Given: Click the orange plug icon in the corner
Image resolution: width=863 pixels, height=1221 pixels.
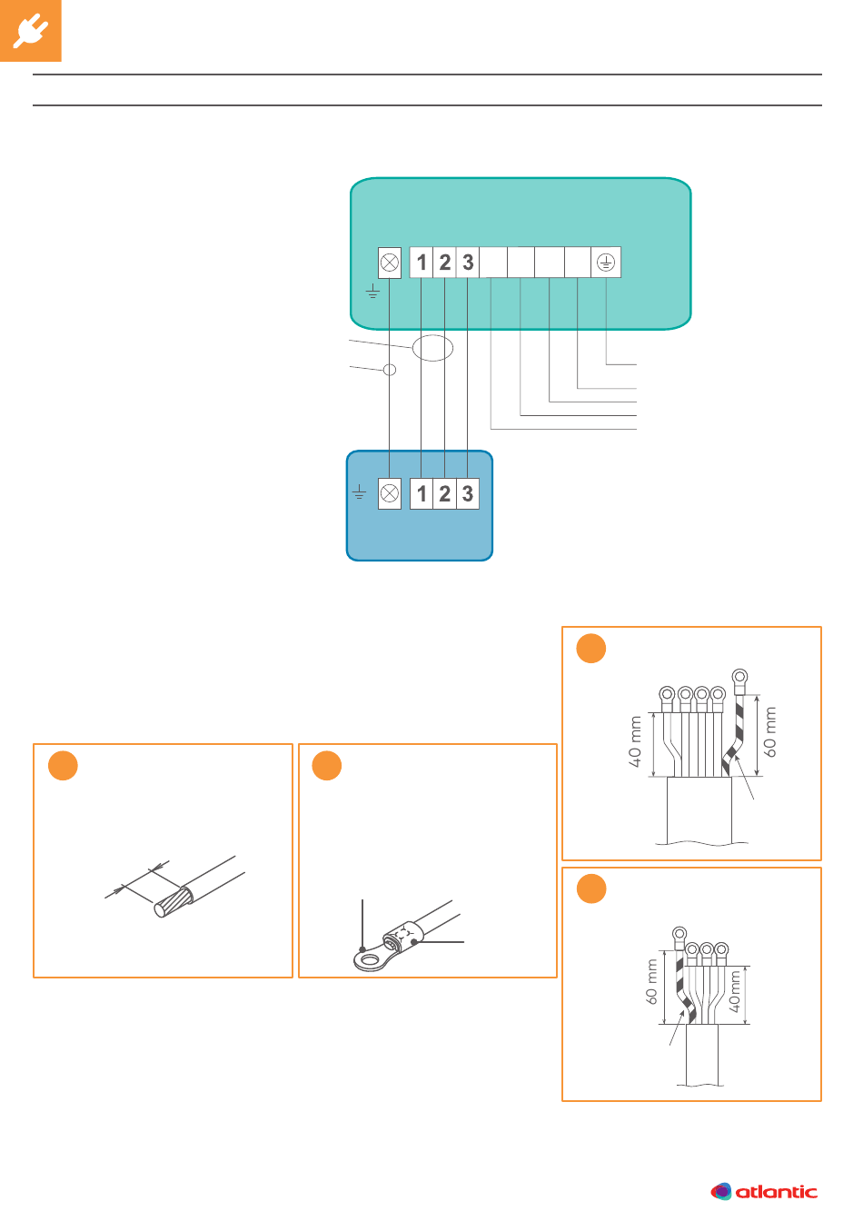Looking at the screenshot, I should coord(31,31).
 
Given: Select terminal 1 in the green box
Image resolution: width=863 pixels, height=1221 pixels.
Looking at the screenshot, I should coord(422,263).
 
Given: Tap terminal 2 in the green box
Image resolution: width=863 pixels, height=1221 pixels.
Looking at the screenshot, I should coord(444,263).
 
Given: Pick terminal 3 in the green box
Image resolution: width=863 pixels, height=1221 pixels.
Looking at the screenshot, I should coord(467,263).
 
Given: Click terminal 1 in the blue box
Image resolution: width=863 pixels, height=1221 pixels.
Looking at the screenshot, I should coord(422,494).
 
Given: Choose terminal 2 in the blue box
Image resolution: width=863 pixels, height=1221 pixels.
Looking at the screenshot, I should coord(444,494).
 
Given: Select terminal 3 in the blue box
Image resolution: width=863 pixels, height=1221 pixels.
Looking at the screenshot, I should coord(467,494).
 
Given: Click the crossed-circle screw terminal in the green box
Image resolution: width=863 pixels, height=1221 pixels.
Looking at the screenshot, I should coord(389,263).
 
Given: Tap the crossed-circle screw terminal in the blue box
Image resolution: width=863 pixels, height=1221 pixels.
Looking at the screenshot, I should coord(389,494).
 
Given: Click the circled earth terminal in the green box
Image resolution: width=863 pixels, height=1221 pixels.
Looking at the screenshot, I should coord(606,263).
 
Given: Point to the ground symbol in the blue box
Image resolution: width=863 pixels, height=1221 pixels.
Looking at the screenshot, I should coord(360,492).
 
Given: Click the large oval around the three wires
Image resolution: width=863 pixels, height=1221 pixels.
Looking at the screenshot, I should coord(432,347).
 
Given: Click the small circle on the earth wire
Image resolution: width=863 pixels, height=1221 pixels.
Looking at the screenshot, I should coord(390,370).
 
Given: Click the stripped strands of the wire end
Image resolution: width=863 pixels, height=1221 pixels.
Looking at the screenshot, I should coord(173,902).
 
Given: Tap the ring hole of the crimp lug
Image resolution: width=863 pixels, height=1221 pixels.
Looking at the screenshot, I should coord(368,956).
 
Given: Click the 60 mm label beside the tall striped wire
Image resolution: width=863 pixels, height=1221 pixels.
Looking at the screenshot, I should coord(771,732).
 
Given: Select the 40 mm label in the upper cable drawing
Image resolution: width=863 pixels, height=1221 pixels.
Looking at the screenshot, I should coord(636,741).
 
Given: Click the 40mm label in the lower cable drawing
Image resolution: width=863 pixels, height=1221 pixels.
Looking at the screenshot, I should coord(735,992).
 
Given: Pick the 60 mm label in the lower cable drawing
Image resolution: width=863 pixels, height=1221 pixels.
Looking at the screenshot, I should coord(652,982).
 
